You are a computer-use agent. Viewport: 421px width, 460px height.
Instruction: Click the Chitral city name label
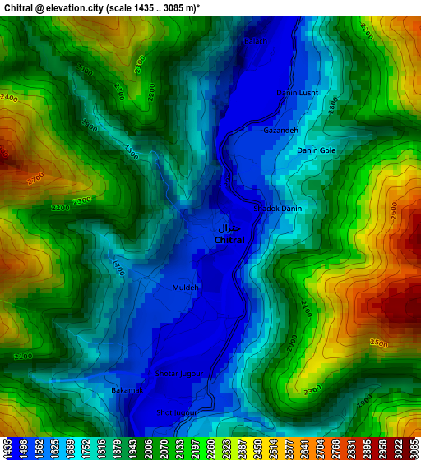tap(229, 240)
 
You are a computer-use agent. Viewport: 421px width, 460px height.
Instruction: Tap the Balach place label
tap(256, 41)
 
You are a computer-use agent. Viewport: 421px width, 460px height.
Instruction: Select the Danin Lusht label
tap(298, 94)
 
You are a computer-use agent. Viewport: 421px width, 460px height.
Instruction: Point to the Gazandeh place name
tap(280, 131)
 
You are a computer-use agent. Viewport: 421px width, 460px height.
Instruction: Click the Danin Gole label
tap(316, 150)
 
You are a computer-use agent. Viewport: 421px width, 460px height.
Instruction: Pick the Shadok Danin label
tap(280, 209)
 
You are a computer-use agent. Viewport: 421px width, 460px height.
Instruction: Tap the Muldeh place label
tap(186, 287)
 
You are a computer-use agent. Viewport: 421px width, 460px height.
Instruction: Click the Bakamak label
tap(127, 390)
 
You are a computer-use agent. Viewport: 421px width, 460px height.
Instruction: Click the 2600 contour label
tap(393, 210)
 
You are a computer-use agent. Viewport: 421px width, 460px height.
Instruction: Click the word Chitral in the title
tap(19, 7)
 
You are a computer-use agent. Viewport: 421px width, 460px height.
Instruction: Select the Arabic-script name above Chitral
tap(230, 228)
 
